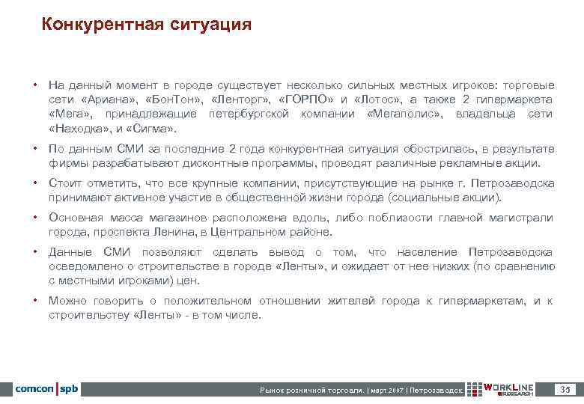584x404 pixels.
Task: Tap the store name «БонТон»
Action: click(x=174, y=100)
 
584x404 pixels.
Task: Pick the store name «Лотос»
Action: click(x=379, y=100)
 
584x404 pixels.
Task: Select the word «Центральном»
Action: click(x=246, y=233)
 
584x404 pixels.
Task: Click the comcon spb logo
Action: click(x=46, y=389)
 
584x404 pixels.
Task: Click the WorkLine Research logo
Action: click(x=500, y=389)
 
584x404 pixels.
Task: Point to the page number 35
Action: click(x=565, y=389)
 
